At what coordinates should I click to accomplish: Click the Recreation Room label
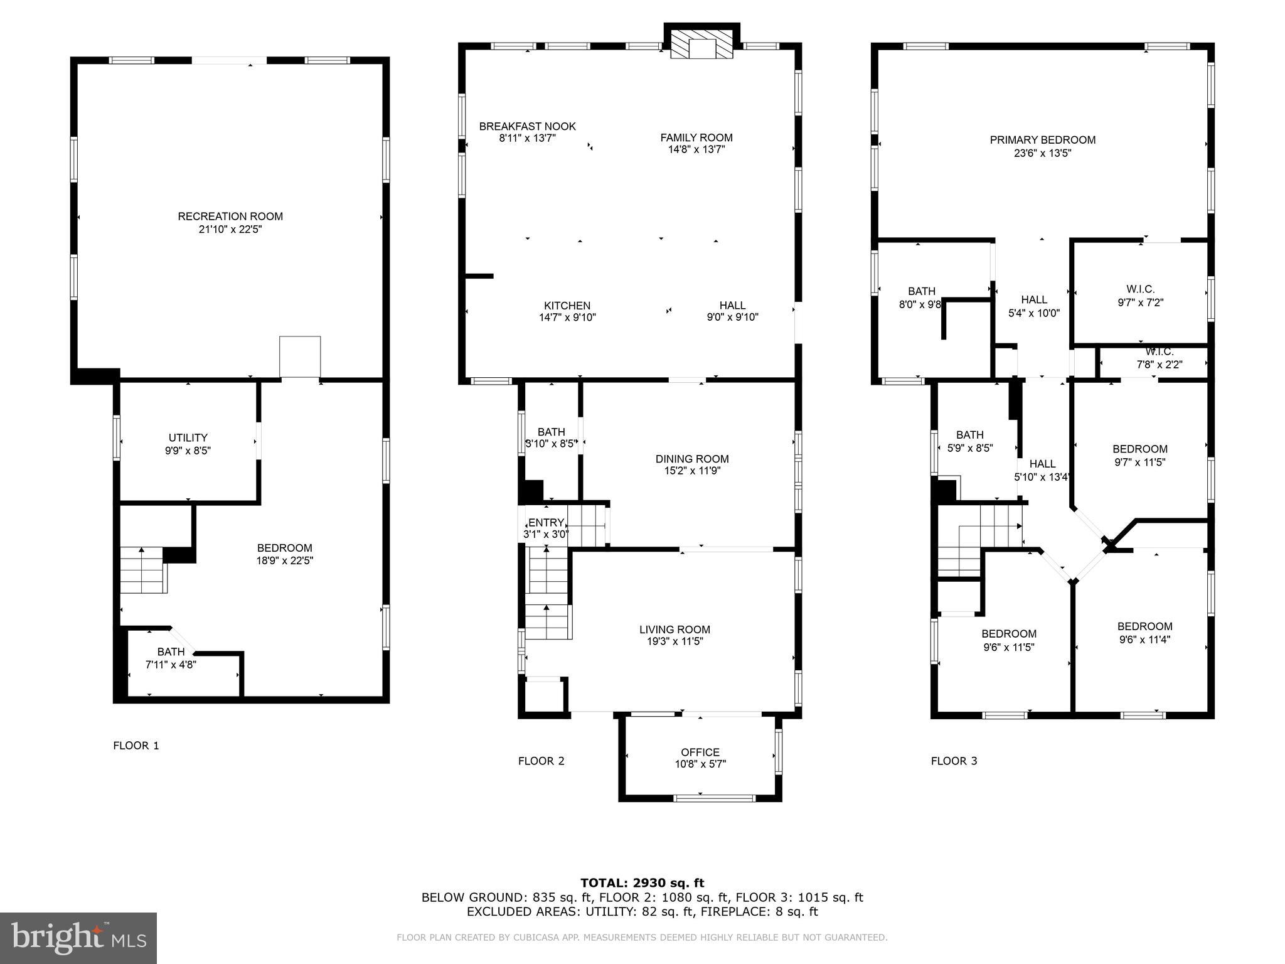point(230,217)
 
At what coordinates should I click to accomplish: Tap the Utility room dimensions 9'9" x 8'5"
point(188,451)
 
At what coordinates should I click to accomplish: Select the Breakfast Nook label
point(527,126)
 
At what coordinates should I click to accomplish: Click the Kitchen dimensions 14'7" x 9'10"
point(567,318)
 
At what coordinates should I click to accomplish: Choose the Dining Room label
point(692,459)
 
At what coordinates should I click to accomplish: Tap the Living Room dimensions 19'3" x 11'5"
point(674,641)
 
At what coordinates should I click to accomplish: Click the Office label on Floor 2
point(700,752)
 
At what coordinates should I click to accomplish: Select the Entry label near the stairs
point(546,523)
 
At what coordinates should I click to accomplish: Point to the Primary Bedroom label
point(1042,140)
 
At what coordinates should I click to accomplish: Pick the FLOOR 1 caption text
point(136,746)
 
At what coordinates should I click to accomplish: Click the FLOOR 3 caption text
point(954,761)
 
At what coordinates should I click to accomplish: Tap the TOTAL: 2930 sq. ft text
point(642,883)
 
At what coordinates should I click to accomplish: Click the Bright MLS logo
point(78,938)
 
